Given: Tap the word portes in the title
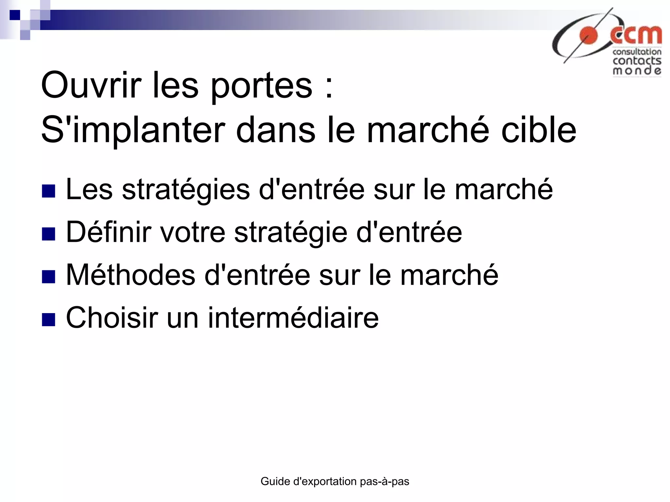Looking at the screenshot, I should click(261, 86).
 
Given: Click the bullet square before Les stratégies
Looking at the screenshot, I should click(48, 191).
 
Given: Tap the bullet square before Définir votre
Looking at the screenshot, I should click(48, 234).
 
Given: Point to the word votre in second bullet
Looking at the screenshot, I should click(192, 232).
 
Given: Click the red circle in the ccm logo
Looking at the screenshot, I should click(589, 36).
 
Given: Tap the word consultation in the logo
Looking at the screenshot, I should click(637, 52).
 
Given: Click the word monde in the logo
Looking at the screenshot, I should click(637, 71).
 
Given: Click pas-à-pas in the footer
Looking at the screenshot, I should click(384, 481).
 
